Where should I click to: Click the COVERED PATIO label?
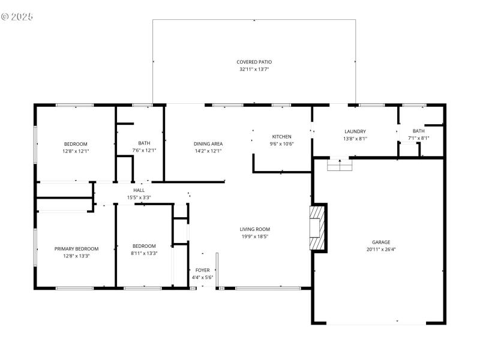254,62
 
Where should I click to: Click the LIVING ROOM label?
255,229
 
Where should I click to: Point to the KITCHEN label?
281,136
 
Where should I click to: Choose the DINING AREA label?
208,143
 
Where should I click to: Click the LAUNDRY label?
355,131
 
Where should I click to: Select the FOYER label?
203,270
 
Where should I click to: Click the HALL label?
139,190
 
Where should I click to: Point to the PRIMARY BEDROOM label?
76,248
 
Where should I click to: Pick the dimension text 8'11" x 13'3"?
144,253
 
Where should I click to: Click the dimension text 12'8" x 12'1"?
76,151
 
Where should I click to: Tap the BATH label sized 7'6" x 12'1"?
144,143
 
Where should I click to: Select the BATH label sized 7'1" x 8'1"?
418,131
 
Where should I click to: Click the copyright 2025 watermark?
17,16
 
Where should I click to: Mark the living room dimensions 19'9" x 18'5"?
255,236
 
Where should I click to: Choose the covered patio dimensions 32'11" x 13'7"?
254,69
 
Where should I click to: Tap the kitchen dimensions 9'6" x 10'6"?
281,143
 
